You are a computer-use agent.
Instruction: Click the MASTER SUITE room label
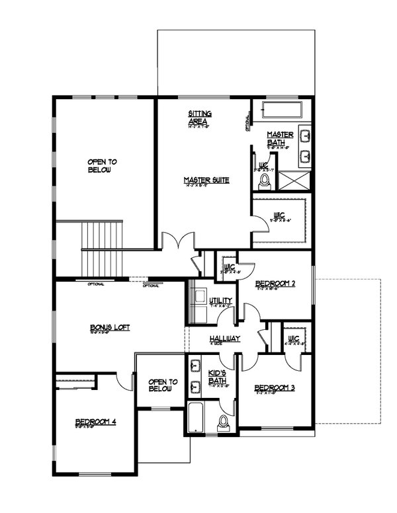(x=206, y=180)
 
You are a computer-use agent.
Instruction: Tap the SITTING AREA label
(x=200, y=118)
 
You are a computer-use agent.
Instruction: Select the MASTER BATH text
(x=276, y=138)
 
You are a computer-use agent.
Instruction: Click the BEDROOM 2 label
(x=275, y=284)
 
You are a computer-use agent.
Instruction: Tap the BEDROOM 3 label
(x=275, y=387)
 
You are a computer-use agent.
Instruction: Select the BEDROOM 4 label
(x=95, y=421)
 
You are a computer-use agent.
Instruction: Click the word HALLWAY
(x=224, y=338)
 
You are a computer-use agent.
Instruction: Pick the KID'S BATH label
(x=218, y=377)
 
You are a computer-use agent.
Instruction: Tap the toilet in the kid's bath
(x=224, y=420)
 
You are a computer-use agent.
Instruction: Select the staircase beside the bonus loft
(x=103, y=249)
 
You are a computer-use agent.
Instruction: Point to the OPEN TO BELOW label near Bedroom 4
(x=160, y=385)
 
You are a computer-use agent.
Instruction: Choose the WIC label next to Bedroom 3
(x=294, y=338)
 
